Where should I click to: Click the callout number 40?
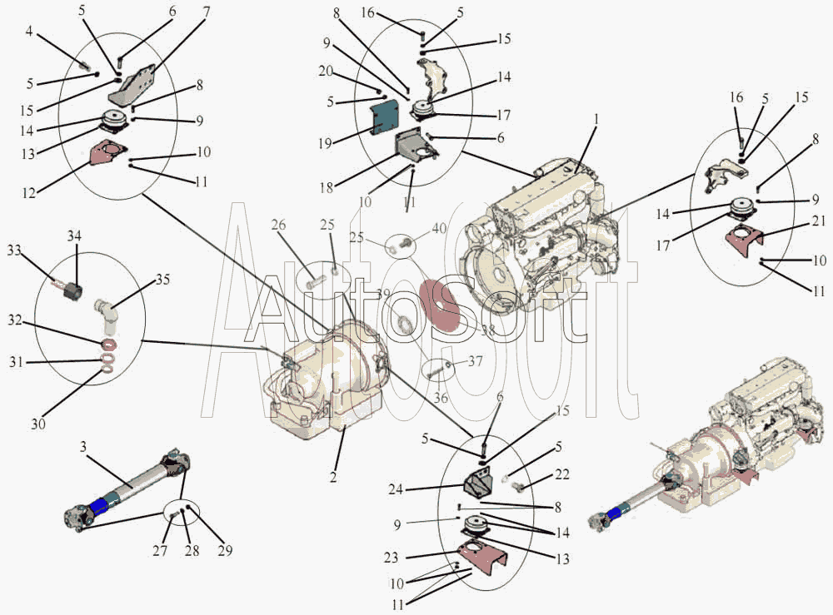point(439,229)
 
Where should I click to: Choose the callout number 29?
point(226,550)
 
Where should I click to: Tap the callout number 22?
point(562,474)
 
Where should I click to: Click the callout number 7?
point(206,12)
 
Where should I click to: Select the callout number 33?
point(14,249)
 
